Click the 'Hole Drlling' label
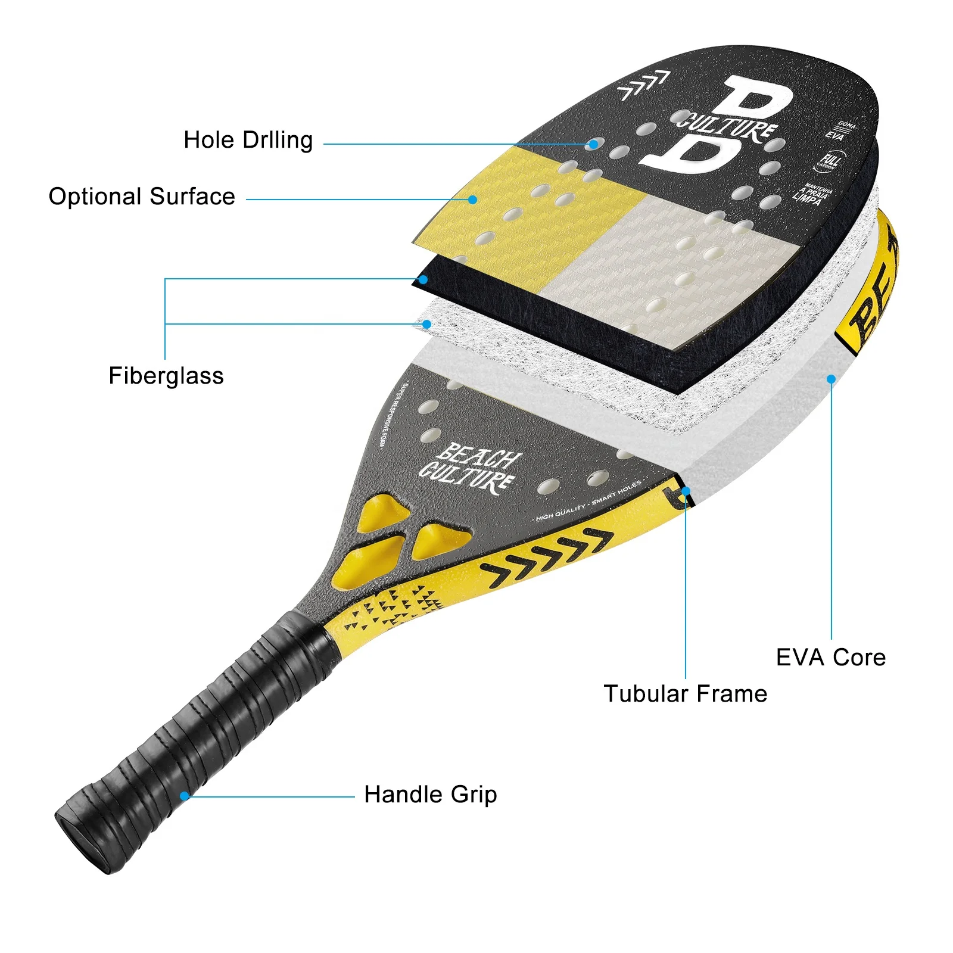tap(248, 141)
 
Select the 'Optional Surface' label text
tap(142, 197)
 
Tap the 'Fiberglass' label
tap(166, 376)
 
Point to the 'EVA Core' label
tap(830, 658)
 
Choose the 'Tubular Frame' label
tap(685, 694)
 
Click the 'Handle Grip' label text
tap(430, 795)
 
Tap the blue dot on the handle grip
tap(185, 796)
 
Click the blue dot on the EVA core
tap(831, 379)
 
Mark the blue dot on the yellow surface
tap(472, 200)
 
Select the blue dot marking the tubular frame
tap(686, 491)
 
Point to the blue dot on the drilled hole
tap(593, 144)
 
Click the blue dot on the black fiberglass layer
tap(423, 279)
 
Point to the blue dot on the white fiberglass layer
tap(426, 324)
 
